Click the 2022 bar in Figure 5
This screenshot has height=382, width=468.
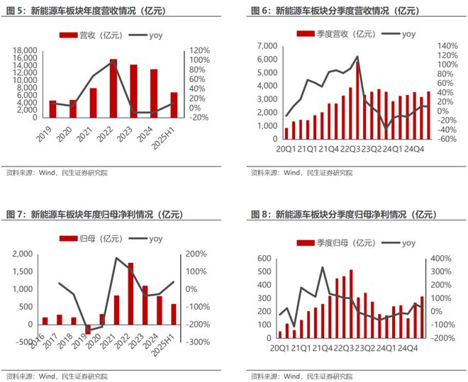[113, 89]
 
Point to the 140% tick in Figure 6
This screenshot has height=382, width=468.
[449, 46]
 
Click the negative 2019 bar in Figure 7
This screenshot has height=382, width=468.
[88, 329]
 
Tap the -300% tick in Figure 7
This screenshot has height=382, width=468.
[197, 342]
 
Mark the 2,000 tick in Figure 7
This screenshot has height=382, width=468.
[23, 254]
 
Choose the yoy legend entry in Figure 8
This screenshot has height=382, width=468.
[400, 243]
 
